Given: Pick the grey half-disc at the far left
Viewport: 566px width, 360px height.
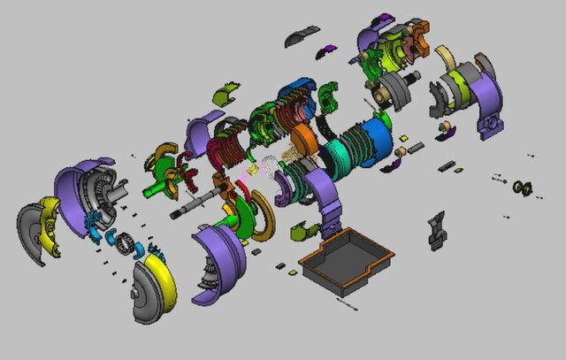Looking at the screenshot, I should click(x=33, y=234).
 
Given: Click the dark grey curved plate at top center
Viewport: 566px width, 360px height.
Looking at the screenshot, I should click(x=302, y=34).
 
